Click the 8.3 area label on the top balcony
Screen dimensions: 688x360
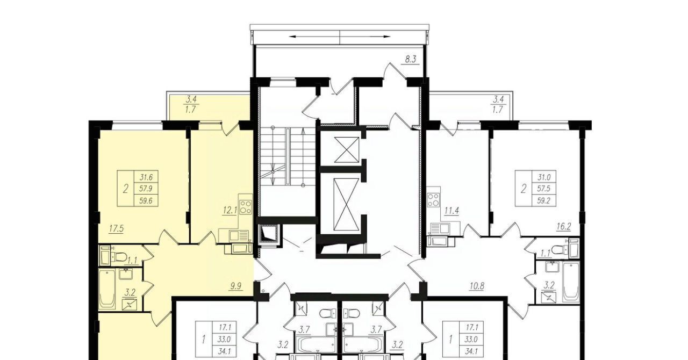point(410,59)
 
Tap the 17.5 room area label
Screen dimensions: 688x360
point(116,229)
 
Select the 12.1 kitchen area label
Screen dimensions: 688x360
point(231,211)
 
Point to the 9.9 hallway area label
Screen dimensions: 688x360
point(236,286)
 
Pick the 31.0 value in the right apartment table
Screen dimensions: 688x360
point(543,177)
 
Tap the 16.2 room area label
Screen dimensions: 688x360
point(564,227)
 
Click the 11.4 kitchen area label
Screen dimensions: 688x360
point(451,211)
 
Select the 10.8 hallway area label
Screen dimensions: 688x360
point(477,286)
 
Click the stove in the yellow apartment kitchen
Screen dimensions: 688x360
point(246,207)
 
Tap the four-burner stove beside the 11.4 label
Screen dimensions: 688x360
point(433,200)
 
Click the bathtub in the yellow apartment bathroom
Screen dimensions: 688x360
point(106,289)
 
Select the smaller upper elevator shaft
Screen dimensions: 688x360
point(347,150)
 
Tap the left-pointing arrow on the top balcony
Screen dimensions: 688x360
point(314,37)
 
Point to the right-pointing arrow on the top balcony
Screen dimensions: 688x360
point(365,37)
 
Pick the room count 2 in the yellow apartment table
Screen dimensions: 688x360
point(125,189)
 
